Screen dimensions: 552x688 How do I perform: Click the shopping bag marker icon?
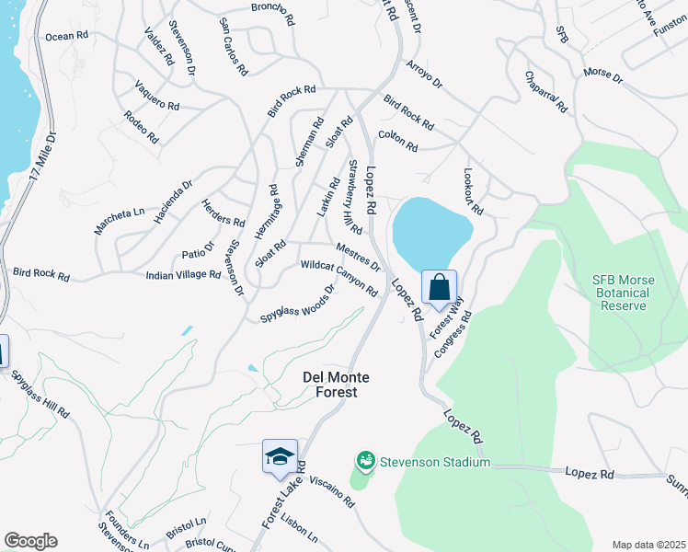click(440, 287)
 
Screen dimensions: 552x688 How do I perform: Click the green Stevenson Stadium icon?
click(365, 459)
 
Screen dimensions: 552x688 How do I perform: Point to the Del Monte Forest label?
click(329, 384)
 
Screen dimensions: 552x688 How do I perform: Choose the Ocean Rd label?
click(66, 36)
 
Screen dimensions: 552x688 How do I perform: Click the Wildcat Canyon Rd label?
click(339, 279)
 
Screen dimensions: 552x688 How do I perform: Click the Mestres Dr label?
click(359, 257)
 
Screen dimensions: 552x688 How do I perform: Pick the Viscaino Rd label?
click(331, 492)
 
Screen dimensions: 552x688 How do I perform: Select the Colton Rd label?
click(397, 142)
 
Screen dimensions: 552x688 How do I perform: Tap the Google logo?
click(30, 541)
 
